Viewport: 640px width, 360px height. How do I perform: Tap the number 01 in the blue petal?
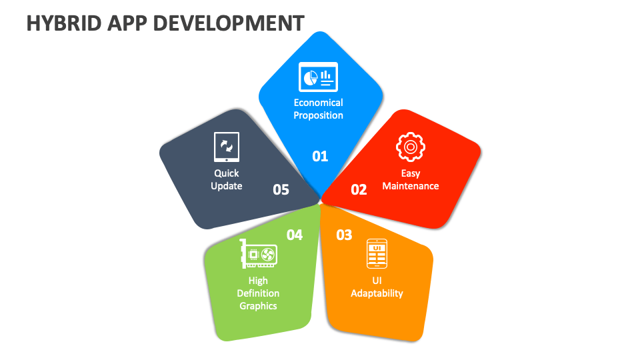pyautogui.click(x=320, y=156)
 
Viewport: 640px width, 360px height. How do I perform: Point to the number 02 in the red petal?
pyautogui.click(x=359, y=189)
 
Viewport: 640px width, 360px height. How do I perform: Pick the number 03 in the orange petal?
pyautogui.click(x=344, y=235)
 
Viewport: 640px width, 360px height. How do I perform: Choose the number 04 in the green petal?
pyautogui.click(x=295, y=235)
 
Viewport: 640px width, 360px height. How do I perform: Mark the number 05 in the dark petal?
pyautogui.click(x=281, y=189)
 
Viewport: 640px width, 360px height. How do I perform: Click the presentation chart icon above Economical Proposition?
pyautogui.click(x=318, y=77)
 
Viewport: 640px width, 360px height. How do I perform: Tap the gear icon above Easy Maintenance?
pyautogui.click(x=410, y=147)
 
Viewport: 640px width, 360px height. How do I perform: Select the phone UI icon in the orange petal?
pyautogui.click(x=377, y=254)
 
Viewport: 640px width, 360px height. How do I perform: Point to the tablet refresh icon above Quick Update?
pyautogui.click(x=226, y=147)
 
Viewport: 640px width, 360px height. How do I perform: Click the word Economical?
pyautogui.click(x=319, y=103)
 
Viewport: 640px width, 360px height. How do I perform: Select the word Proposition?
pyautogui.click(x=319, y=115)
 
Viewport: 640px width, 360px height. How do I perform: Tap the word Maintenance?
pyautogui.click(x=411, y=186)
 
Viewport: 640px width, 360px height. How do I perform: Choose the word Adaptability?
pyautogui.click(x=377, y=293)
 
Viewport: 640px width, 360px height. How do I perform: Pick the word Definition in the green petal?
pyautogui.click(x=258, y=293)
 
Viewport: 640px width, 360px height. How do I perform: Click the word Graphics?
pyautogui.click(x=258, y=306)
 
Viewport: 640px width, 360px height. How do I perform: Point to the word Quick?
pyautogui.click(x=226, y=173)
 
